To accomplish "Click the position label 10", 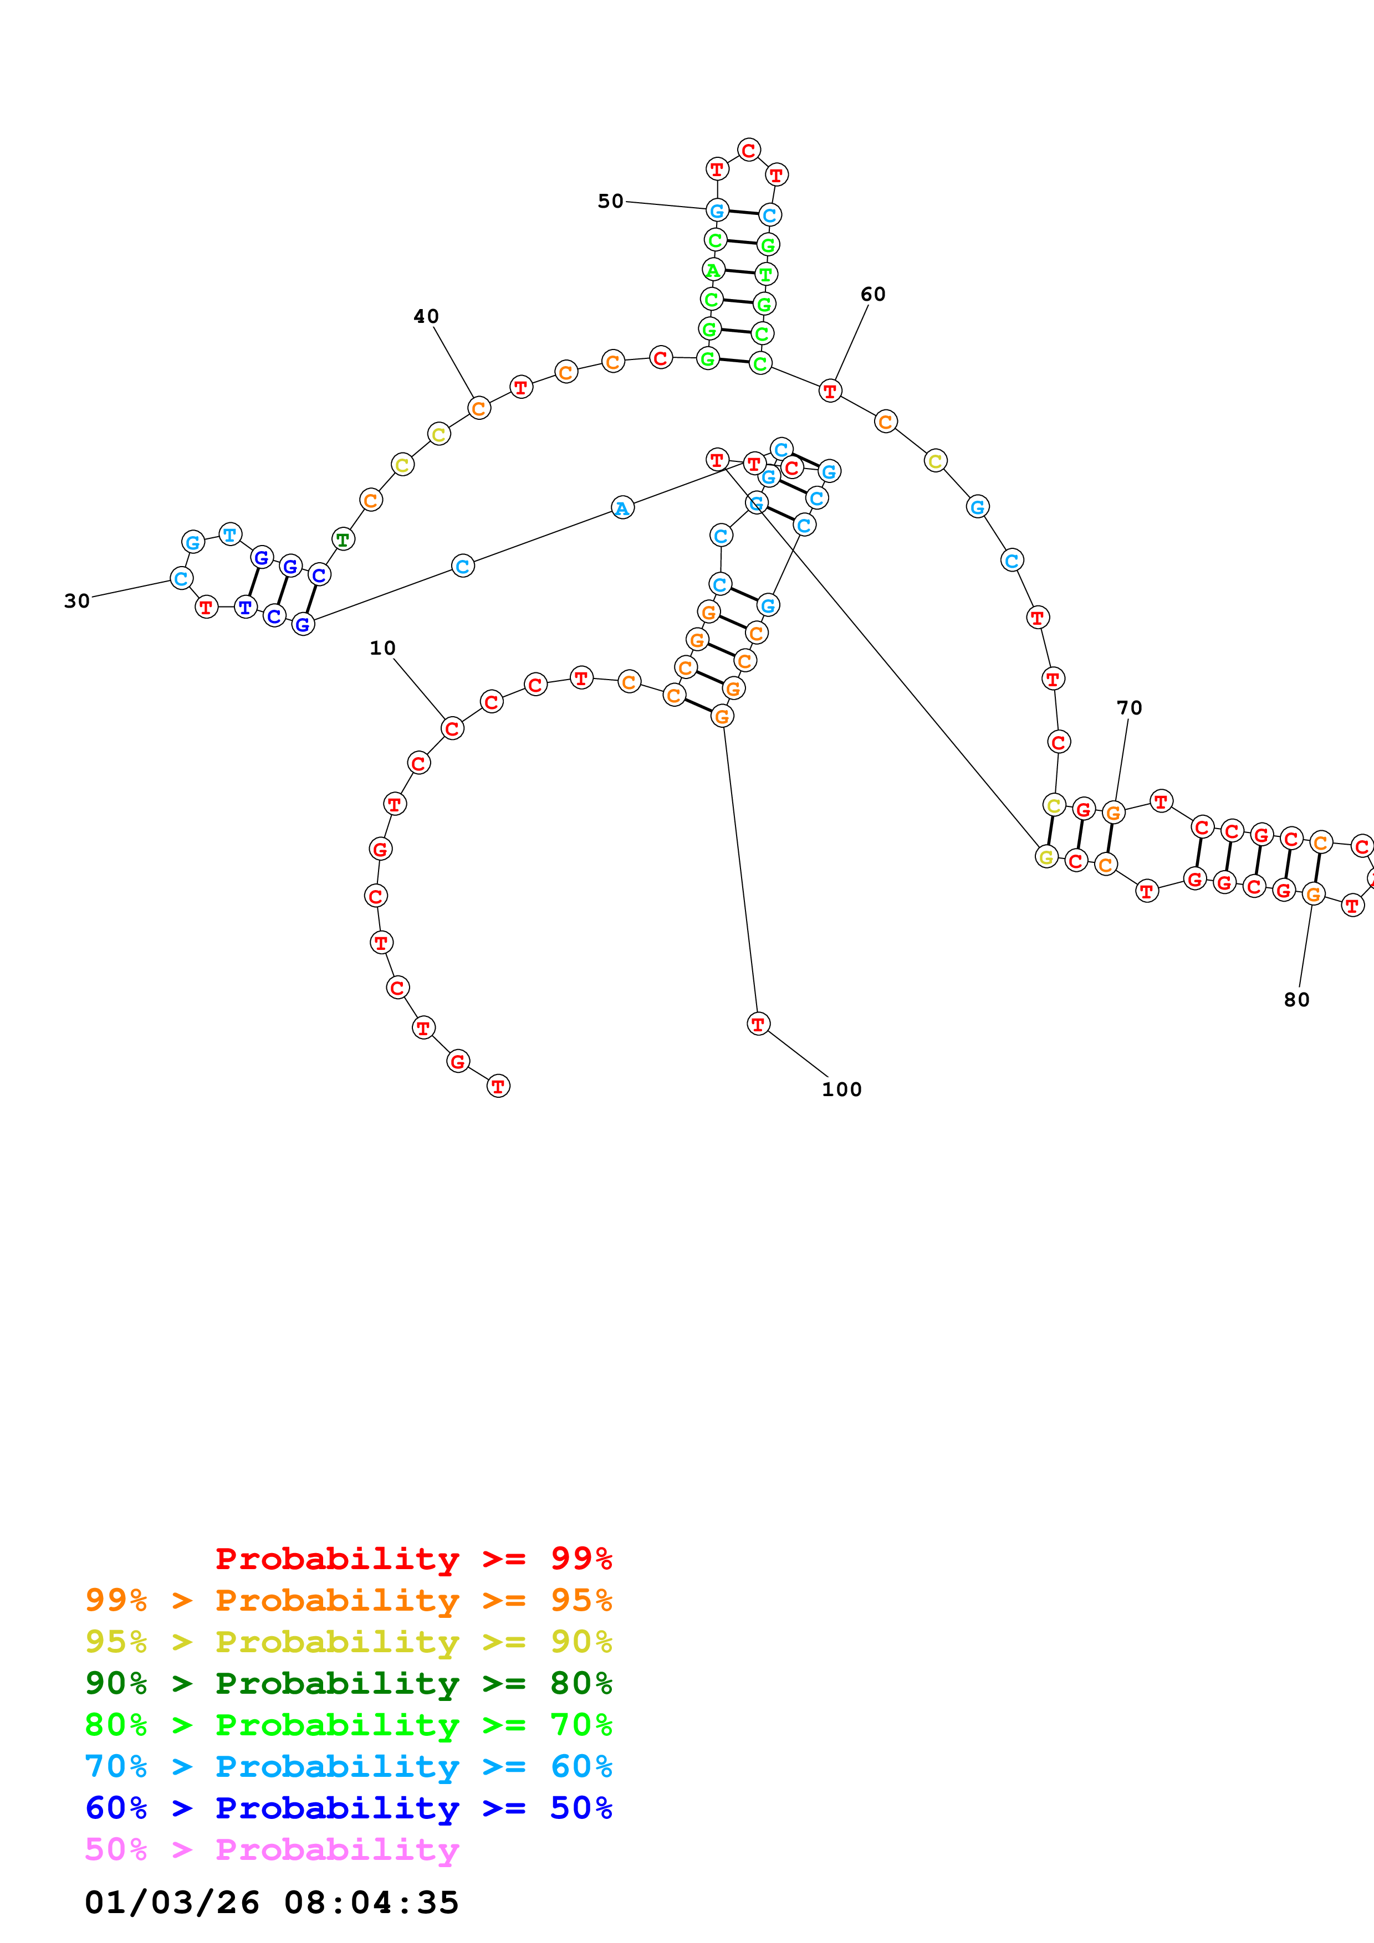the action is point(382,648).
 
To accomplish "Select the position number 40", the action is point(426,316).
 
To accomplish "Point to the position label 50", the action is point(610,202).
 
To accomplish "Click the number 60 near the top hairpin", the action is point(873,295).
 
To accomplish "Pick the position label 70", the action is point(1130,708).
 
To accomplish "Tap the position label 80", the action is point(1296,1000).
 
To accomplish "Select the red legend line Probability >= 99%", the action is point(413,1559).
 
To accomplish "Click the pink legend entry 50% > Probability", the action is point(272,1850).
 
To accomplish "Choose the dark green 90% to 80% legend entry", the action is point(348,1683).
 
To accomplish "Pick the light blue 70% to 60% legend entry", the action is point(348,1767).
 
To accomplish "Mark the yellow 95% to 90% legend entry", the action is point(348,1642).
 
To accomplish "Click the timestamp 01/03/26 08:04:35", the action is point(272,1903).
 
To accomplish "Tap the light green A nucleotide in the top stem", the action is point(713,271).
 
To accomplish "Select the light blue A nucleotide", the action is point(622,508).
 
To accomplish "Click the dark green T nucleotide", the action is point(342,538).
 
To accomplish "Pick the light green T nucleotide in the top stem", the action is point(766,274).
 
